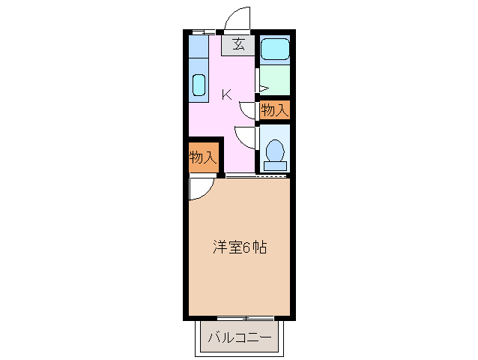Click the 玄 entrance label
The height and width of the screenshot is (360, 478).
coord(238,44)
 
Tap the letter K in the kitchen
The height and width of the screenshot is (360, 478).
coord(226,94)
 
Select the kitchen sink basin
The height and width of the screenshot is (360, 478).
coord(199,85)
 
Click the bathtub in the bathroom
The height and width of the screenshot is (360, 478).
coord(274,50)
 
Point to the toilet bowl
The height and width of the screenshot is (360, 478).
coord(275,149)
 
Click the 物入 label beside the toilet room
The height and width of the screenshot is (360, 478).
coord(274,109)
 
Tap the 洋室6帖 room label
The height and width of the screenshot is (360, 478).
coord(239,246)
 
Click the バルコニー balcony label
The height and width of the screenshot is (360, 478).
coord(239,338)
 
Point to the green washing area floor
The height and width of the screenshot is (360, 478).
coord(274,79)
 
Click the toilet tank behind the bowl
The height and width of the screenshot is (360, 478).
coord(275,166)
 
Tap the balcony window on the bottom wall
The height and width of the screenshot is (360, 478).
coord(239,318)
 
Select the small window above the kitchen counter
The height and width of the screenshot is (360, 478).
coord(199,32)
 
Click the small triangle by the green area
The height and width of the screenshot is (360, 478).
coord(261,88)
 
